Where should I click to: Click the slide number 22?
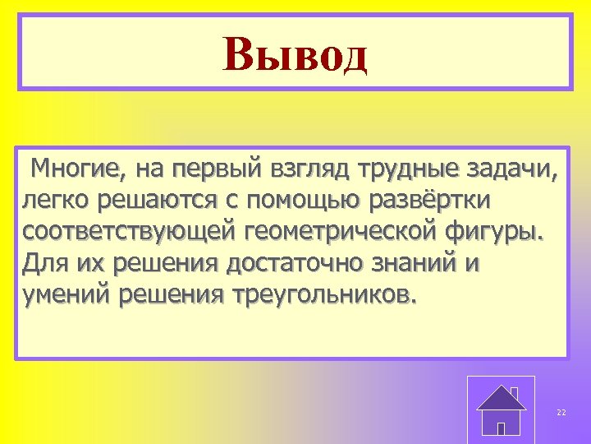click(561, 412)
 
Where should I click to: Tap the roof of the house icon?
click(502, 398)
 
